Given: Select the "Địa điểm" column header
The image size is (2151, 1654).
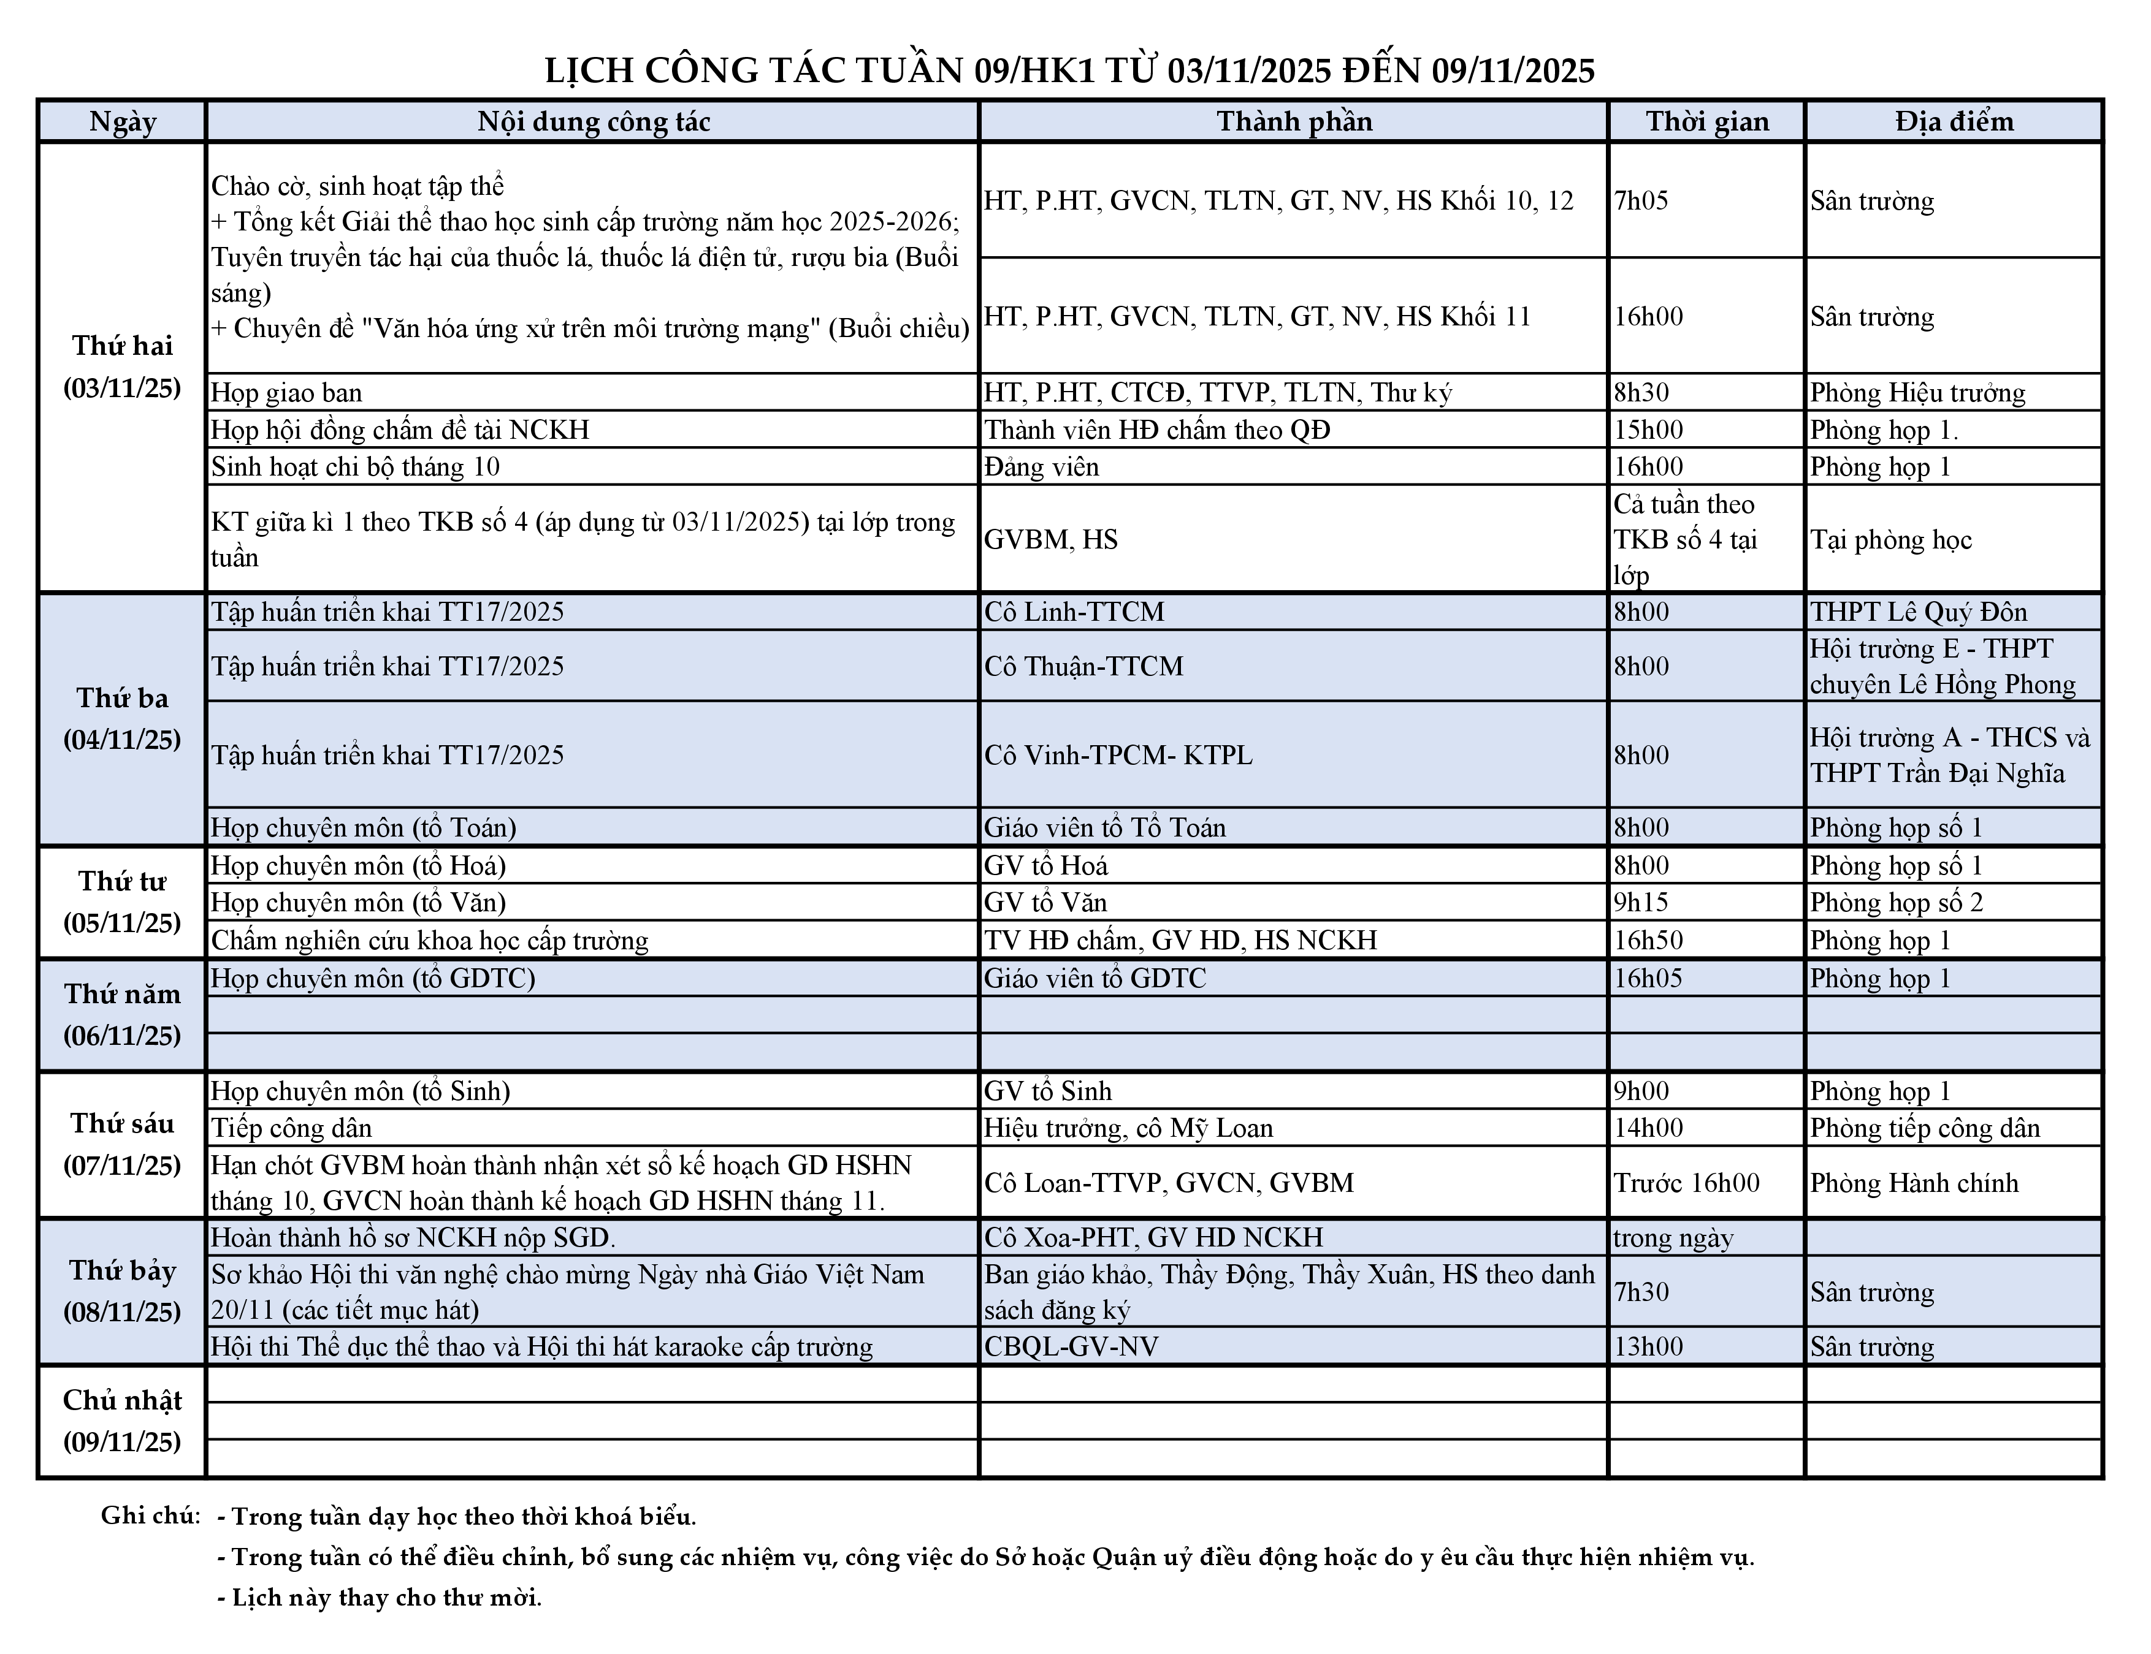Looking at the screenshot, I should [1954, 121].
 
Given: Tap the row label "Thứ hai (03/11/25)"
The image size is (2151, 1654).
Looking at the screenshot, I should [122, 366].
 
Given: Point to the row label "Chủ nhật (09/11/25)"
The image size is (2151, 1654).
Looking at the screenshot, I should [122, 1421].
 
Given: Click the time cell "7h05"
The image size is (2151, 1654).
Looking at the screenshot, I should [1641, 201].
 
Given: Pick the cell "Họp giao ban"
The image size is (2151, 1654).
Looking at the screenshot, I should [286, 393].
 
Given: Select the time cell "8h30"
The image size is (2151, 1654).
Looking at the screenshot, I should [1641, 393].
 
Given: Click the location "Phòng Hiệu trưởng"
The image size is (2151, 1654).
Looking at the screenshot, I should [1917, 393].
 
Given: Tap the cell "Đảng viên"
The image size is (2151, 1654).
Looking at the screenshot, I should [1041, 467].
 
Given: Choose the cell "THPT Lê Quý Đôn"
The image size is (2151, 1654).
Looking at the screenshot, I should [1919, 612].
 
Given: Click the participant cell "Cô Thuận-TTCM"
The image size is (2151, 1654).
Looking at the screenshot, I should [1083, 667].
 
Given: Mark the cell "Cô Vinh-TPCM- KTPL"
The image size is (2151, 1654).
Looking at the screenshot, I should [1118, 755].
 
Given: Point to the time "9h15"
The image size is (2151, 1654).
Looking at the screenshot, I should [1641, 903].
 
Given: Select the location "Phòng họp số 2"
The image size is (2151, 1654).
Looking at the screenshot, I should [1896, 903].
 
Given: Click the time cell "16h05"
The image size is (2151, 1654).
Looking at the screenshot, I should [1648, 979].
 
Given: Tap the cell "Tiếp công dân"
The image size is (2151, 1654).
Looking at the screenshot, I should [291, 1128].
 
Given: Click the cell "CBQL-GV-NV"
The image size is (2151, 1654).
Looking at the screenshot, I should [1071, 1347].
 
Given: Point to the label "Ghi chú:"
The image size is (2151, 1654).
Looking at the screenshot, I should [150, 1515].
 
